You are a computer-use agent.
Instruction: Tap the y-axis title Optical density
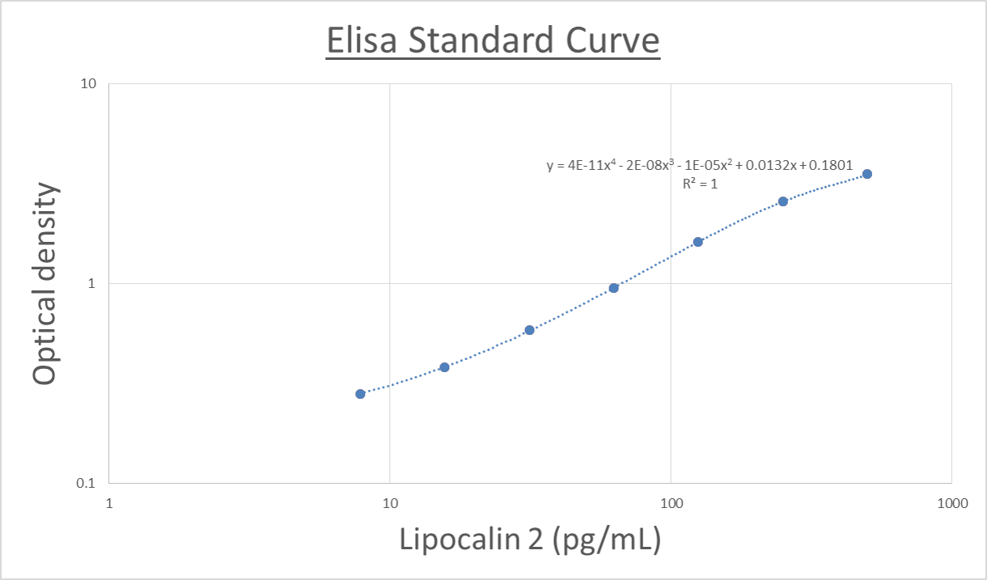coord(45,283)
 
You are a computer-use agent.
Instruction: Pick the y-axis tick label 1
coord(92,283)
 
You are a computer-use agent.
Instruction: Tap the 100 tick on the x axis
coord(671,502)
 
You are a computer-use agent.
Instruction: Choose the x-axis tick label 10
coord(390,502)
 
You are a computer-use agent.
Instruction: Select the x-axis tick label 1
coord(109,502)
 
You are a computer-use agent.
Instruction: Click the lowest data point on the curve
coord(360,394)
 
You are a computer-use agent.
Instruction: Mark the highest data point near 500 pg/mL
coord(867,174)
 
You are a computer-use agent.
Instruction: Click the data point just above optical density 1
coord(698,242)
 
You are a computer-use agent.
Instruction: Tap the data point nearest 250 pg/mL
coord(782,201)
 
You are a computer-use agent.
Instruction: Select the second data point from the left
coord(444,367)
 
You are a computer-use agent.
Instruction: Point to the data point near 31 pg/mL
coord(529,330)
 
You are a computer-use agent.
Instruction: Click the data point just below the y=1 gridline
coord(613,288)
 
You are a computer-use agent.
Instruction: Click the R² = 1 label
coord(700,184)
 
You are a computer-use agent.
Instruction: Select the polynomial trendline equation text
coord(699,166)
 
